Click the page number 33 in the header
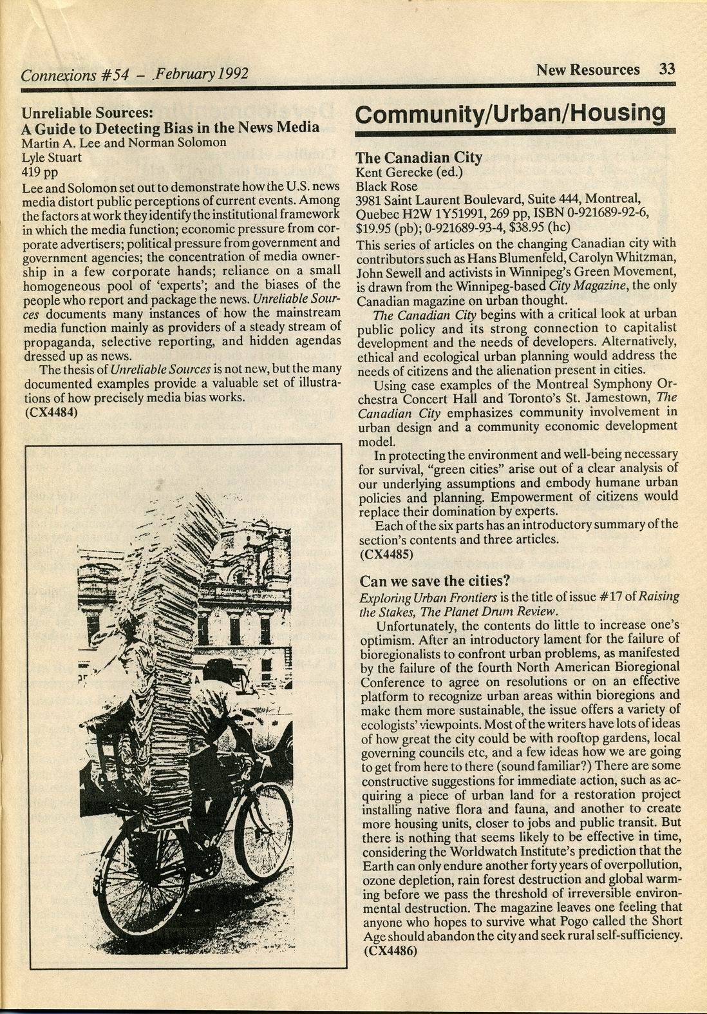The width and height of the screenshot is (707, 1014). (x=666, y=70)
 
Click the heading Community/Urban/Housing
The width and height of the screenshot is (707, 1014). (x=510, y=113)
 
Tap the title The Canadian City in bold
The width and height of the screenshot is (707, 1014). (x=419, y=158)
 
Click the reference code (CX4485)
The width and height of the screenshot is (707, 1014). (x=386, y=553)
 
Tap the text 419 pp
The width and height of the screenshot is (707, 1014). (x=39, y=171)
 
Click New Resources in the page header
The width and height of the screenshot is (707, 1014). (x=588, y=70)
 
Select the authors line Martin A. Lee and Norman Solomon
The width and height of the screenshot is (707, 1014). (x=124, y=142)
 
